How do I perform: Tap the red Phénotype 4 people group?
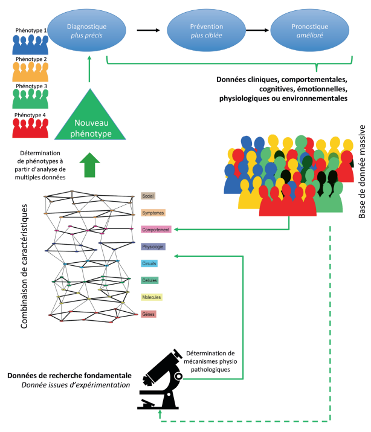[x=30, y=129]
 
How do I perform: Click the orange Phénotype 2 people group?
[x=30, y=72]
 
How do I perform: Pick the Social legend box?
[x=148, y=179]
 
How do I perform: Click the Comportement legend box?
[x=156, y=213]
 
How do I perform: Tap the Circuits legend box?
[x=149, y=247]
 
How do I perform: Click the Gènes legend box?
[x=148, y=297]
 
